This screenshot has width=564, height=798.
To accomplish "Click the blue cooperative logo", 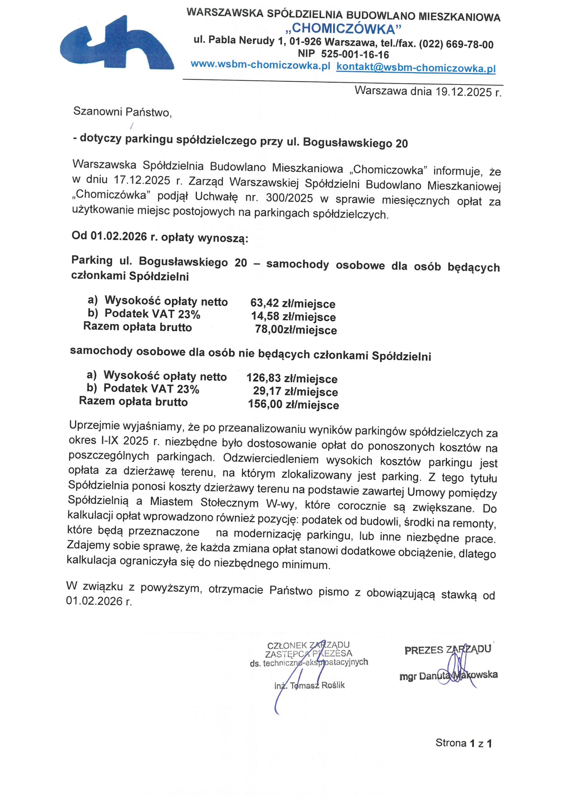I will (117, 43).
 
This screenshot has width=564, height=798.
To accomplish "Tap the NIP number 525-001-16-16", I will (355, 54).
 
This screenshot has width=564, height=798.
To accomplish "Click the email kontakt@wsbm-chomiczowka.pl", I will (416, 67).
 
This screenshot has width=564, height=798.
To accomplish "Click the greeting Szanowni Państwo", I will (122, 112).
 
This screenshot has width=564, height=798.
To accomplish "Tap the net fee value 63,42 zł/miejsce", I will (293, 303).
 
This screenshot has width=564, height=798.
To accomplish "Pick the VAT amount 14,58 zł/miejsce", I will (293, 317).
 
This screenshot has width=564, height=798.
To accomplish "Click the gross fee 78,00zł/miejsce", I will (296, 329).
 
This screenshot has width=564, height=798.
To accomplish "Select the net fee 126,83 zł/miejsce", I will (292, 378).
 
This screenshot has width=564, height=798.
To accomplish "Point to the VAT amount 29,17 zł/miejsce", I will (295, 391).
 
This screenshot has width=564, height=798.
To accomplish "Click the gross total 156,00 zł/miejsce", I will (293, 405).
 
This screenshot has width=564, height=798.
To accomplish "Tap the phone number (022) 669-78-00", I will (456, 45).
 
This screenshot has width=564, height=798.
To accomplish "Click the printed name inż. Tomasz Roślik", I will (309, 685).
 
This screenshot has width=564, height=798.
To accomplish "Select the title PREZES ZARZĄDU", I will (447, 650).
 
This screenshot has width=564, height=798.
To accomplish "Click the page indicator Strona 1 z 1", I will (464, 743).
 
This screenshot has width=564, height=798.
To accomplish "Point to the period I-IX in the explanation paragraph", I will (109, 441).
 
